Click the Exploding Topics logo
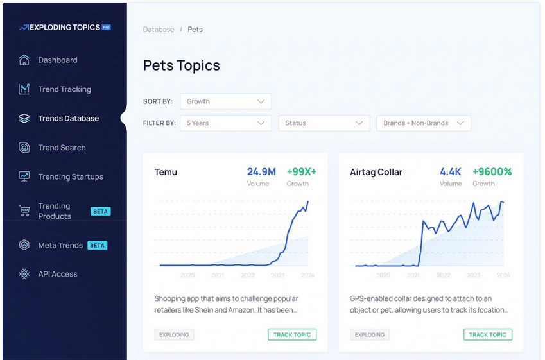(x=64, y=28)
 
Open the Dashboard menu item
(x=57, y=60)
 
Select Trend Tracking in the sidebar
(x=64, y=89)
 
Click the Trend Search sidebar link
(x=62, y=148)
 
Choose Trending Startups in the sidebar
(x=70, y=176)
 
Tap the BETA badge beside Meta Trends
(x=97, y=245)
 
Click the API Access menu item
(x=57, y=274)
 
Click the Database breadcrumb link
(x=159, y=30)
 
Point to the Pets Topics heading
(x=182, y=65)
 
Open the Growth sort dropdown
(x=225, y=101)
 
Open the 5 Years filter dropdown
(x=225, y=123)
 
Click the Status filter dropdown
(x=324, y=123)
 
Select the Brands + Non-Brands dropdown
(x=424, y=123)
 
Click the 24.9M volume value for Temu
(x=261, y=172)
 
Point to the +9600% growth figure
(x=492, y=172)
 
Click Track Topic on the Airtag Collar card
(x=488, y=334)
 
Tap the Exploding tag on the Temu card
(x=174, y=334)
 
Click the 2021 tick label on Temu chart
(x=218, y=275)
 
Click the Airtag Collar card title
(x=376, y=172)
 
